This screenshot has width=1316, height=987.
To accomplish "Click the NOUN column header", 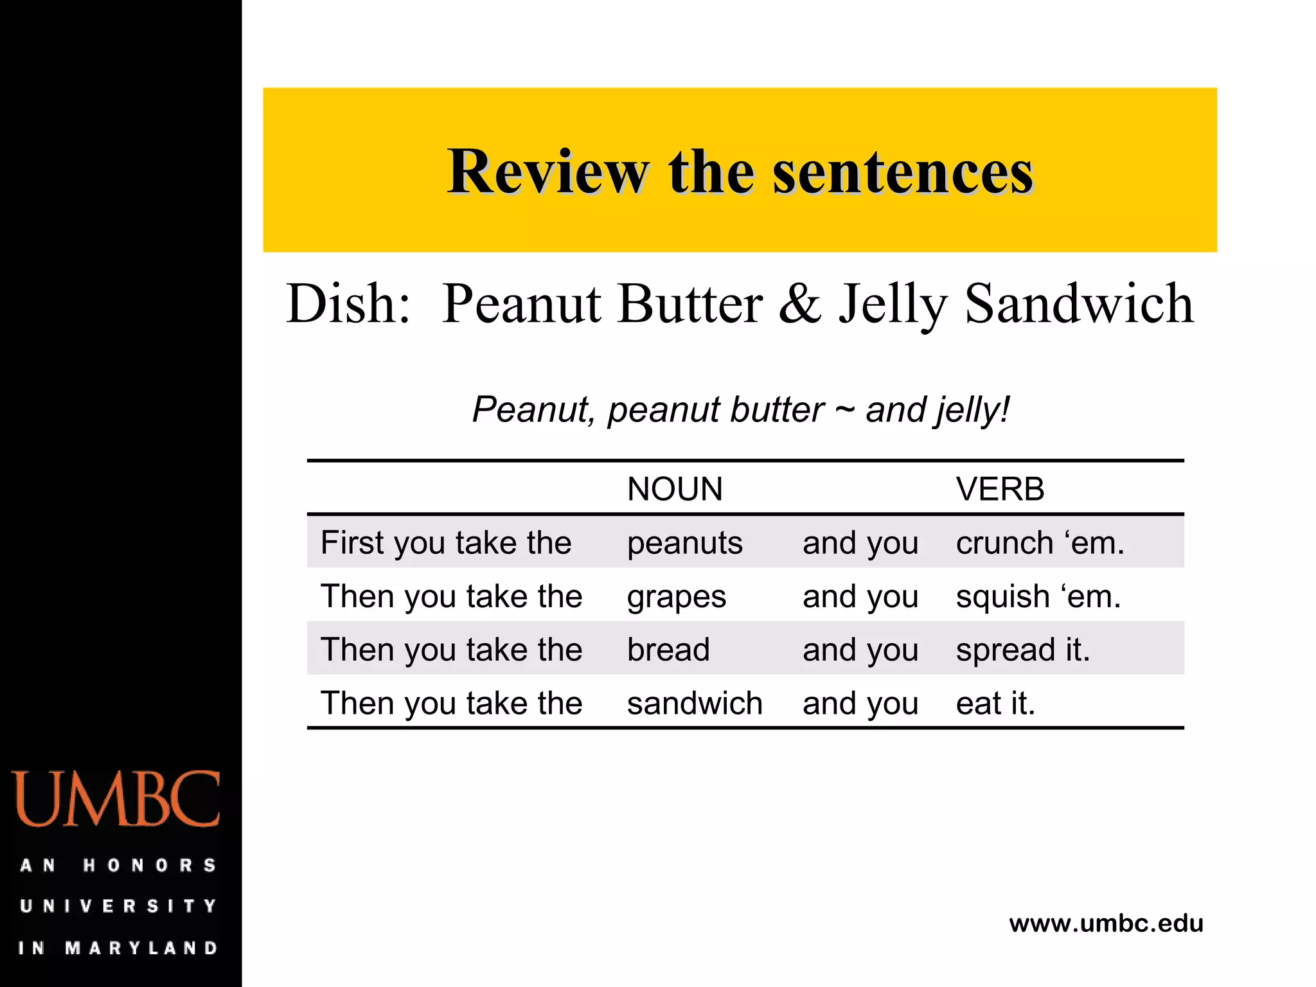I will click(x=675, y=489).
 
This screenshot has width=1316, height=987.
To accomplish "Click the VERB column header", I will click(x=1000, y=489).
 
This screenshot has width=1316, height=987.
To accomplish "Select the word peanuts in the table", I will click(x=684, y=544).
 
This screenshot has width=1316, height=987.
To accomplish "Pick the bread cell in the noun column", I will click(x=668, y=650).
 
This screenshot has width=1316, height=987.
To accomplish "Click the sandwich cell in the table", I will click(x=695, y=703).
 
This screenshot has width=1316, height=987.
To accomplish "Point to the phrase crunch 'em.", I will click(x=1040, y=544).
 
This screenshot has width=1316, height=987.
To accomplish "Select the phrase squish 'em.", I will click(x=1038, y=597).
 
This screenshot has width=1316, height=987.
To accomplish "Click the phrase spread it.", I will click(x=1023, y=650).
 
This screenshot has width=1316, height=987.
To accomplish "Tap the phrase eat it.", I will click(x=995, y=703).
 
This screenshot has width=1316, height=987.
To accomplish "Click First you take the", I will click(x=446, y=543).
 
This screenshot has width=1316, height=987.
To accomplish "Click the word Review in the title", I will click(x=547, y=172).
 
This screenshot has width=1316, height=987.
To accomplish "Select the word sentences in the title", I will click(x=903, y=172).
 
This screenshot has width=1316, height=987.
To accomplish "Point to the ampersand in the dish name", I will click(x=800, y=303).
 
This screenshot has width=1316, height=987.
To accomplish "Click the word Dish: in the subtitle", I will click(x=348, y=303).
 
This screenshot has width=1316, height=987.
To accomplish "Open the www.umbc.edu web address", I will click(x=1106, y=923).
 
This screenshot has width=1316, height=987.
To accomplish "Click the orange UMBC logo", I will click(x=116, y=799).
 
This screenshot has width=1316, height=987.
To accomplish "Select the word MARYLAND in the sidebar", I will click(x=141, y=948).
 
